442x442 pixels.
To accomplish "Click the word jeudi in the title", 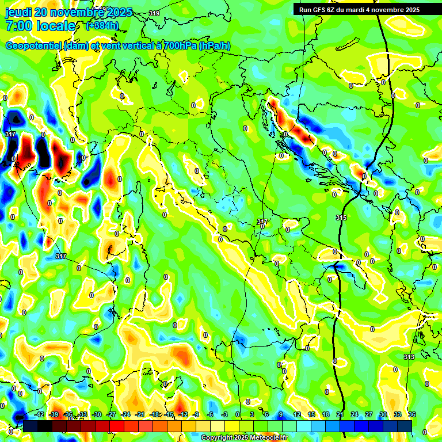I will pos(17,12).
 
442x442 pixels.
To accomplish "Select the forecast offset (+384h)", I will pos(102,26).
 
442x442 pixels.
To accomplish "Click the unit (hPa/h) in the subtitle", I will pos(215,46).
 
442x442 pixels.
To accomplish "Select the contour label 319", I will pos(154,13).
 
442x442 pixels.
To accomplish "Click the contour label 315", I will pos(341,217).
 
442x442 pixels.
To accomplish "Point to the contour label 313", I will pos(409,357).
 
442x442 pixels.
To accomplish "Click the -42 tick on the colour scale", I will pos(39,414).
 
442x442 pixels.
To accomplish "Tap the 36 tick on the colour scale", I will pos(411,414).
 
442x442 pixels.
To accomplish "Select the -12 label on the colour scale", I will pos(184,414).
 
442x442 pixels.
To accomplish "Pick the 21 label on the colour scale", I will pos(340,414).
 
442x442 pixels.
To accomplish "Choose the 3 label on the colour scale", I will pos(252,414).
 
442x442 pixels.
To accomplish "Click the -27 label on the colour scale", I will pos(111,414).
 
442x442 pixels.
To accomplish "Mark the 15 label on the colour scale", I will pos(311,414).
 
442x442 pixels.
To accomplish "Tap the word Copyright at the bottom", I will pos(216,437).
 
